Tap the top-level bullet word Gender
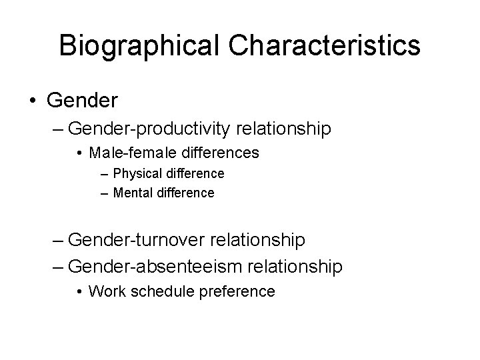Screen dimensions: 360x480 tap(82, 101)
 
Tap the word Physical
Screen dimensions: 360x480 tap(137, 174)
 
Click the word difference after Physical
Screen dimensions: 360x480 tap(194, 174)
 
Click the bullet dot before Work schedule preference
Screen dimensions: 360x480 tap(79, 292)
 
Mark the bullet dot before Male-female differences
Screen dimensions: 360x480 tap(79, 154)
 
